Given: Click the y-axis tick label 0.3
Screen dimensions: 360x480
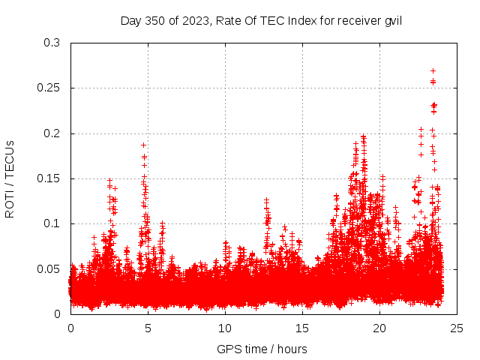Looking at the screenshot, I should [52, 43].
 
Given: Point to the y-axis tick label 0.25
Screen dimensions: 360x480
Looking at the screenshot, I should [49, 88].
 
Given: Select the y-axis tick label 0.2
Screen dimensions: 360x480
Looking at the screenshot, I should [52, 133].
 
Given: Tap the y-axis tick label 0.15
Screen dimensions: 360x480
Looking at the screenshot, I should [49, 178].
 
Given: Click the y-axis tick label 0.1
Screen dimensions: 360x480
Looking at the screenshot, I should [52, 223].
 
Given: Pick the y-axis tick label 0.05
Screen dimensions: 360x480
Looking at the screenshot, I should [49, 268].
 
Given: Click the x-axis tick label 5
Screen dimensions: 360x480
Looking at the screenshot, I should [148, 328].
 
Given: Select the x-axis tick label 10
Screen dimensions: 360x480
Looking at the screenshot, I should [225, 328].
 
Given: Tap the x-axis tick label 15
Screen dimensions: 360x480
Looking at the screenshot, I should [302, 328].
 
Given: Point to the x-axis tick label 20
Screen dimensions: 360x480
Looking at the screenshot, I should [379, 328].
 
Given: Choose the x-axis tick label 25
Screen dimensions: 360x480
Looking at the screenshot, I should [457, 328].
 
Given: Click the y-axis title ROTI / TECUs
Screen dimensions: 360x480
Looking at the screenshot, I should [10, 178].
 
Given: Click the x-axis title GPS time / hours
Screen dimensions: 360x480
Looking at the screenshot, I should [262, 349].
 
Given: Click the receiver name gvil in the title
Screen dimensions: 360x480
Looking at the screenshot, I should [393, 20].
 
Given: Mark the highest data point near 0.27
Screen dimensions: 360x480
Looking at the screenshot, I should [433, 70].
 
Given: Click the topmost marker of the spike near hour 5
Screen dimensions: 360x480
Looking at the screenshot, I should [143, 145].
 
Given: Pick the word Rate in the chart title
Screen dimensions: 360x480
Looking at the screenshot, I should [228, 20].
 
